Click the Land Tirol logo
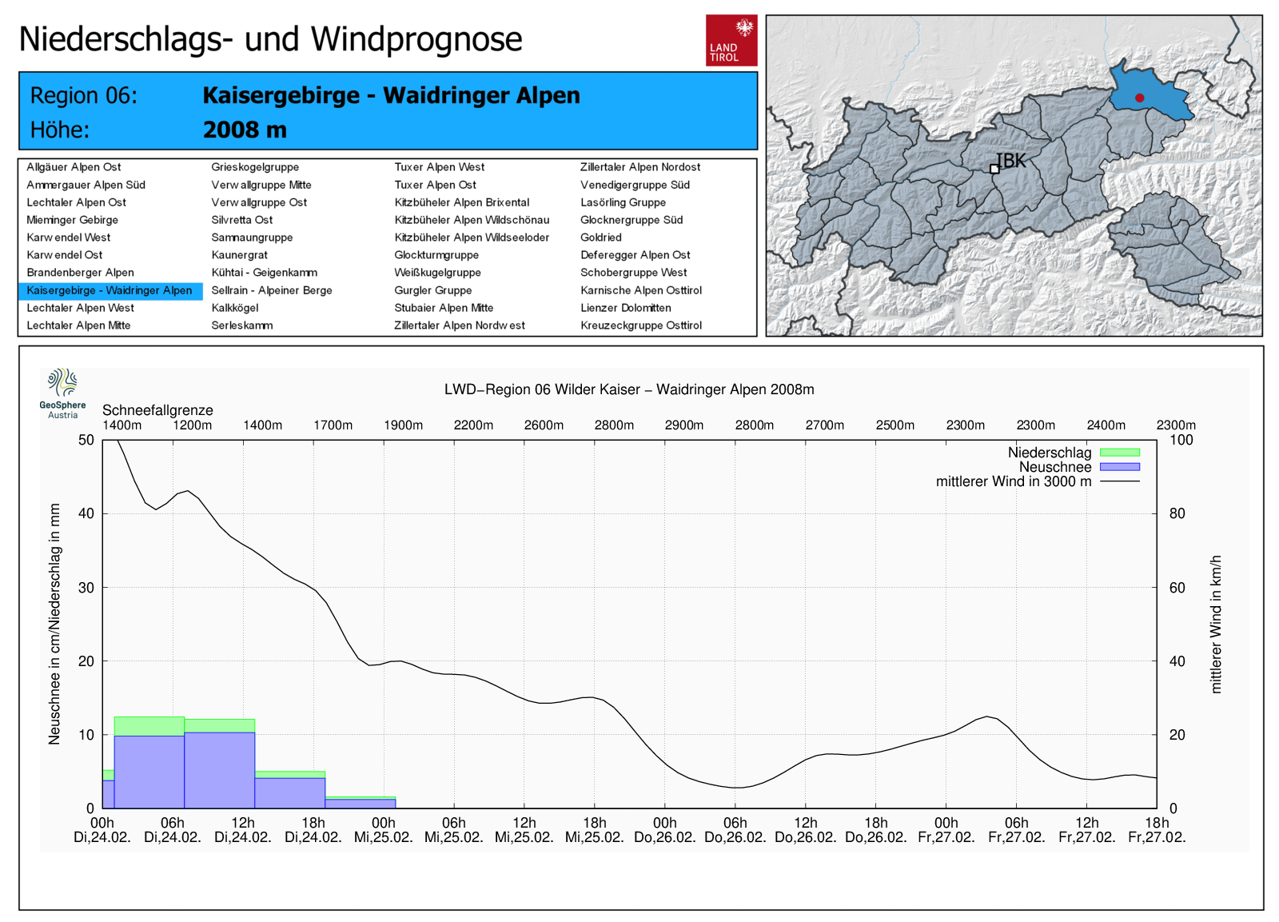[x=731, y=40]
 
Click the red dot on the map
[x=1139, y=98]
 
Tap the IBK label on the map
[x=1011, y=161]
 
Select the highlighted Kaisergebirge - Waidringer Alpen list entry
[x=110, y=290]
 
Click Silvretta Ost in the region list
[x=241, y=220]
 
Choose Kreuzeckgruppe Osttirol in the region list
[x=640, y=325]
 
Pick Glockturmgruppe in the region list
[x=436, y=255]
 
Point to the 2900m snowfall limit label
[x=684, y=425]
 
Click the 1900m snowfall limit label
[x=403, y=425]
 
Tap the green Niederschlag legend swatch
[x=1119, y=453]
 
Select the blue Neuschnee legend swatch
[x=1119, y=467]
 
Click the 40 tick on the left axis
[x=86, y=513]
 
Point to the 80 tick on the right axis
[x=1177, y=513]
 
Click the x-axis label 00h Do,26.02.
[x=664, y=830]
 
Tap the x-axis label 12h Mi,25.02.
[x=524, y=830]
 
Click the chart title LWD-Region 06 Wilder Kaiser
[x=629, y=389]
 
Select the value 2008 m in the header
[x=245, y=130]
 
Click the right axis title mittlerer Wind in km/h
[x=1216, y=624]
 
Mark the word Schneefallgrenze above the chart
[x=157, y=410]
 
